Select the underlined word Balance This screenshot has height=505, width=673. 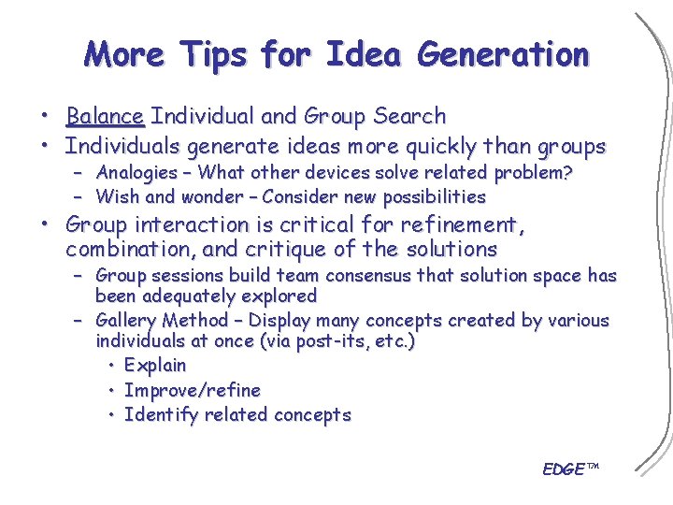pos(105,117)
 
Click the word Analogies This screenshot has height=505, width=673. pos(136,173)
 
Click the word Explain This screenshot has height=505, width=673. pos(155,366)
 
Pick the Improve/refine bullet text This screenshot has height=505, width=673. pos(192,390)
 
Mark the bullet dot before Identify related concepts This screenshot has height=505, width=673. pos(111,415)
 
